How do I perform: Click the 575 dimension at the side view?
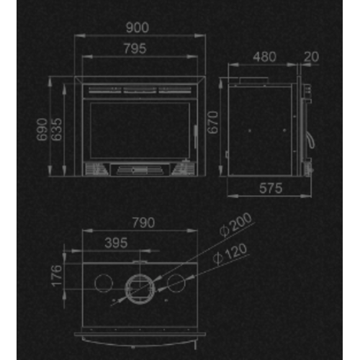(269, 188)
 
